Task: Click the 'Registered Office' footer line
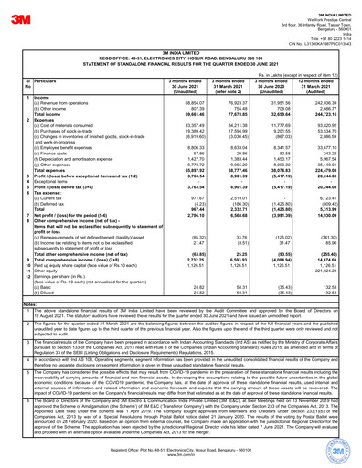coord(182,457)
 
